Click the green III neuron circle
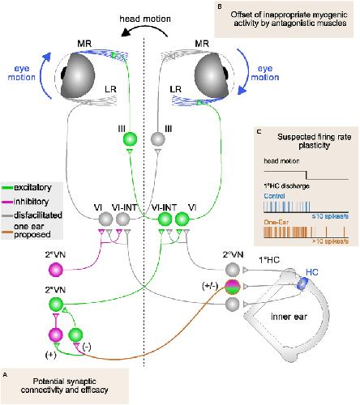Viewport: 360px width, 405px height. [130, 139]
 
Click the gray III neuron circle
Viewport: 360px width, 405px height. [157, 139]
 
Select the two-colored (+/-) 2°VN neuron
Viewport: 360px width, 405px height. [233, 287]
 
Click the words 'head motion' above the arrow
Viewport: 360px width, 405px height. [145, 19]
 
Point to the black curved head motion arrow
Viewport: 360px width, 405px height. [144, 30]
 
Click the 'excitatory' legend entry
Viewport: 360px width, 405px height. [27, 187]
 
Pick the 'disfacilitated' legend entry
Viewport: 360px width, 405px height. [32, 215]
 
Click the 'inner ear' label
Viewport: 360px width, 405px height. [289, 317]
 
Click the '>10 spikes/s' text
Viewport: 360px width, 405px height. [330, 241]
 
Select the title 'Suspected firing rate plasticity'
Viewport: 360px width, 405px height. [315, 141]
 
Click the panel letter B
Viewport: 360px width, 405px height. [220, 6]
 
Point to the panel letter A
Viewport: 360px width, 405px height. [5, 375]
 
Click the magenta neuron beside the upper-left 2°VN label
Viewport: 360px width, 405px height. [56, 270]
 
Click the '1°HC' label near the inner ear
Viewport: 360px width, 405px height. [269, 260]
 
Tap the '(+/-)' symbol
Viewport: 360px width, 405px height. [210, 286]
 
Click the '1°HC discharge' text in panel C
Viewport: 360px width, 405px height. [286, 186]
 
